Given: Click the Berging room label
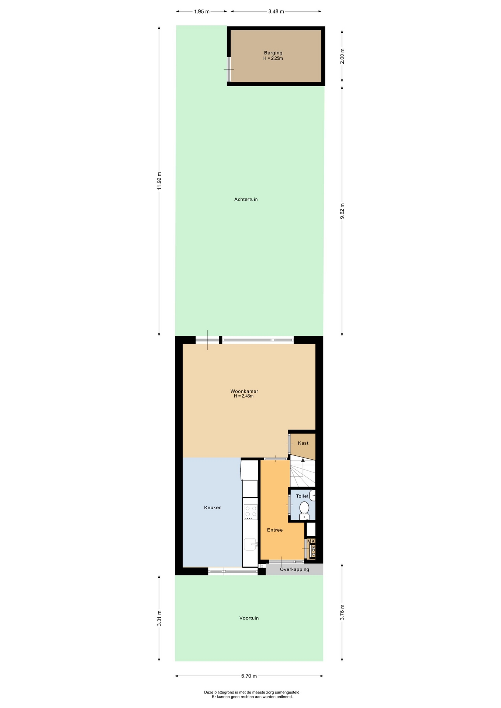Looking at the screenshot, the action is (273, 53).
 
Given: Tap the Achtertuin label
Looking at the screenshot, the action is (246, 199).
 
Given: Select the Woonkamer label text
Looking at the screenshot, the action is (244, 391).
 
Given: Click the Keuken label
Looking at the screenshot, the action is (213, 507).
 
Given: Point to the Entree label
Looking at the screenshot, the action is (275, 530).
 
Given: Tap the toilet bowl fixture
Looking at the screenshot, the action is (304, 510).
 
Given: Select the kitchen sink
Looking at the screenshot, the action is (251, 544).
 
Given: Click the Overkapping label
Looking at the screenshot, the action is (294, 569).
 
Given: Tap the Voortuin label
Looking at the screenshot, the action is (249, 618).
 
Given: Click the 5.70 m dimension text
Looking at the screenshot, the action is (249, 676).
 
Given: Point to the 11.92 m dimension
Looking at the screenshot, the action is (159, 181).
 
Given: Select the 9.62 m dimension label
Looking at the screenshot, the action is (342, 211).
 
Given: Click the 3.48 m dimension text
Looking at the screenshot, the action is (276, 11).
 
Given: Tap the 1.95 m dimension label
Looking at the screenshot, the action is (202, 11).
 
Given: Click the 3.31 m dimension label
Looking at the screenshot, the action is (159, 618).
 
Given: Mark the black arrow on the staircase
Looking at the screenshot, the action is (303, 460).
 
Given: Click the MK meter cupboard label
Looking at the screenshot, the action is (311, 541).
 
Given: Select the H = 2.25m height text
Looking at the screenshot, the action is (273, 58).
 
